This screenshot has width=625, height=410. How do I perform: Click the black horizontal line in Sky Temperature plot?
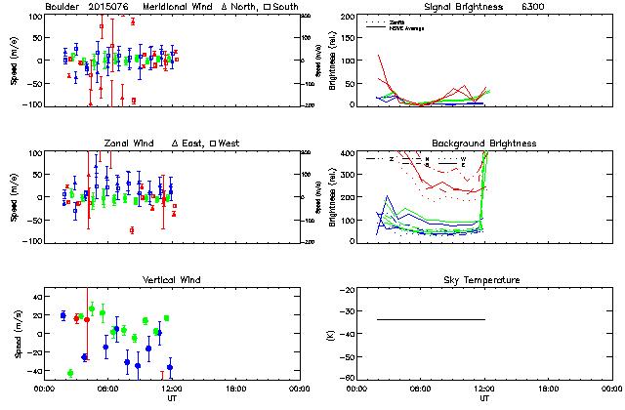click(430, 319)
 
